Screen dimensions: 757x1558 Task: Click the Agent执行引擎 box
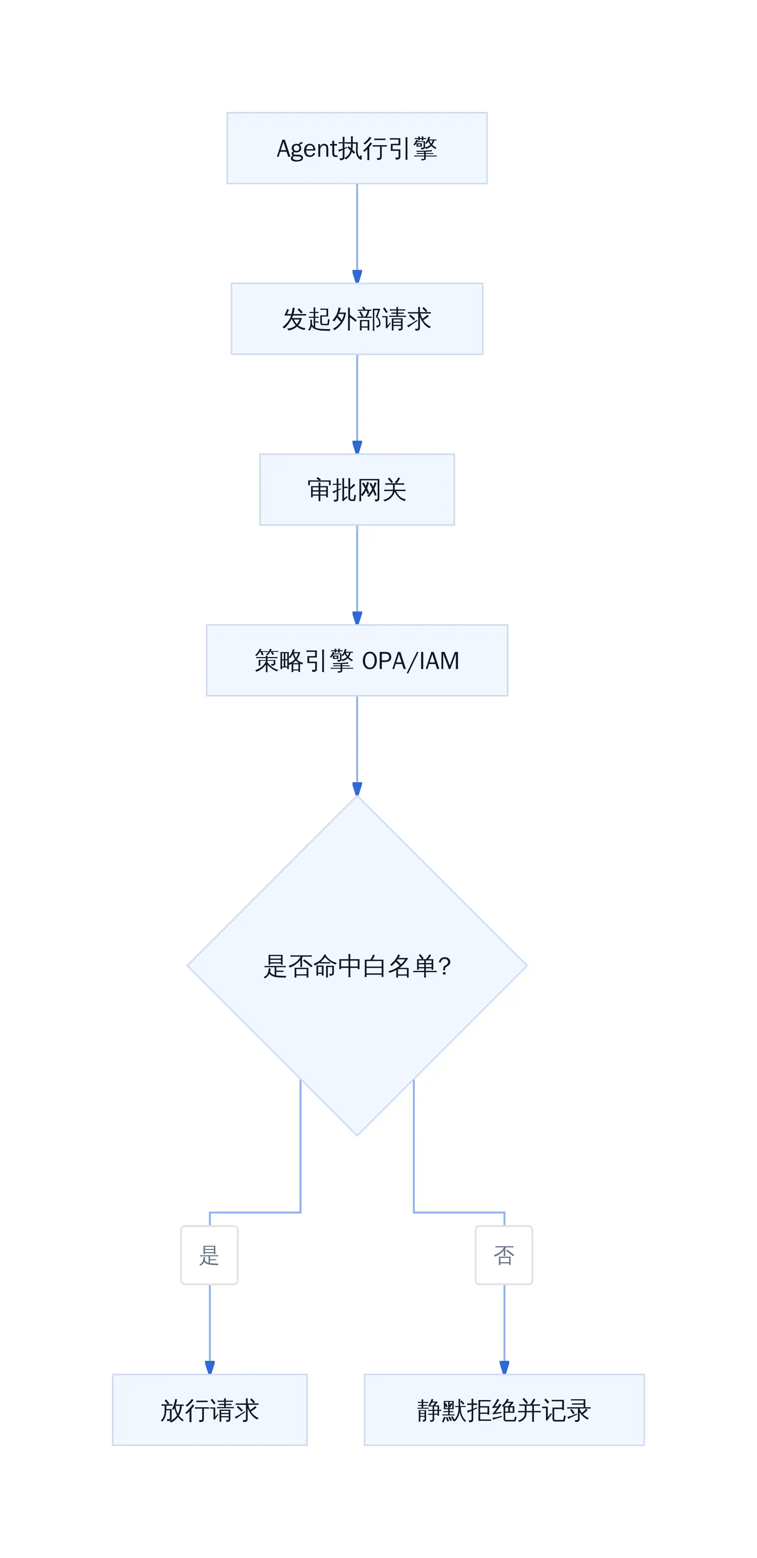coord(357,148)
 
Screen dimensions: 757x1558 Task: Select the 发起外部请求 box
coord(357,319)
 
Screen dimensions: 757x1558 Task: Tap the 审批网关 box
coord(357,489)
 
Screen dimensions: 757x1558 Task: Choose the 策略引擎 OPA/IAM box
coord(357,661)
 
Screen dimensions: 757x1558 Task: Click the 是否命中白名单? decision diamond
coord(357,965)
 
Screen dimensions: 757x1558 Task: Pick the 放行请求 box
coord(210,1410)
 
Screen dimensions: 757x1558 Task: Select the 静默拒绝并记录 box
coord(504,1410)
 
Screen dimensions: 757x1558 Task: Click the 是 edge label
coord(209,1255)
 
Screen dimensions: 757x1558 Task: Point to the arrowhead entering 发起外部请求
coord(357,277)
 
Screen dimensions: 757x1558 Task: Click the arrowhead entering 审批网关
coord(357,447)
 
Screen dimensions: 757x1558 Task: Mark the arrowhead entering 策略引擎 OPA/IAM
coord(357,618)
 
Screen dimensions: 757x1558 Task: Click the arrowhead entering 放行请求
coord(210,1368)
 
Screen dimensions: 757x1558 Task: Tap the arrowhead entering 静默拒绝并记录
coord(504,1368)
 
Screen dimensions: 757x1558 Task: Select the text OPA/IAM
coord(410,661)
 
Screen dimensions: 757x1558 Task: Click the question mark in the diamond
coord(444,966)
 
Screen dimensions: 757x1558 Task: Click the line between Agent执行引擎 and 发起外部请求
coord(357,228)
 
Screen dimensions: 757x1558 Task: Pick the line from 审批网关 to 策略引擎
coord(357,569)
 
